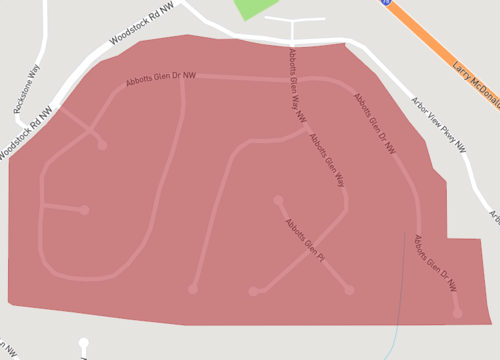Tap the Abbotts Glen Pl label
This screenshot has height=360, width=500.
point(306,241)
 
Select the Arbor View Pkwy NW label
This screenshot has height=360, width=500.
point(439,124)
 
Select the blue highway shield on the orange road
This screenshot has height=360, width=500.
point(386,3)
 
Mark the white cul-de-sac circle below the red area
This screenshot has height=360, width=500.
point(84,343)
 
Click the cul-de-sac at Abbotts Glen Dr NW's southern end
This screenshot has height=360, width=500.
point(457,313)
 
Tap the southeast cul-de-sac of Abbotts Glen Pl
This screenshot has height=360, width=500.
point(349,290)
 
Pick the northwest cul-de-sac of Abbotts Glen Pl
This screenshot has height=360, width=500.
point(278,200)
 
